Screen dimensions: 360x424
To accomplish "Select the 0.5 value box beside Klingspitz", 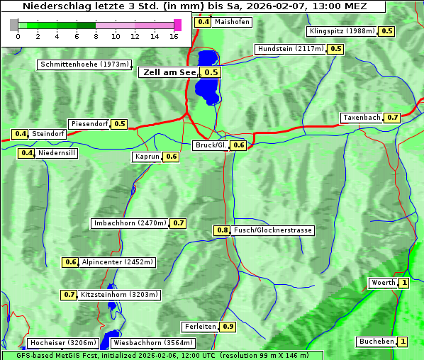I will [387, 31].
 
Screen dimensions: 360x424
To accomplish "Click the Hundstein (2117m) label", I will [291, 49].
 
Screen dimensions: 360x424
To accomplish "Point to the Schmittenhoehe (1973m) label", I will [84, 64].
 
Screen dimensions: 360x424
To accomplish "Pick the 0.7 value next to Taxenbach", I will [393, 117].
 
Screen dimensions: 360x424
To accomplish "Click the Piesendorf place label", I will [89, 124].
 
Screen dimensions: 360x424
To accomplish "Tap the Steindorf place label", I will [48, 134].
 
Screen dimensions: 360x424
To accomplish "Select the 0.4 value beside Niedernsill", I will [27, 152].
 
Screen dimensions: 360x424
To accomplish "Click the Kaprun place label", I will [147, 157].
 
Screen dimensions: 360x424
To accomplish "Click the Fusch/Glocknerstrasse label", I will [272, 230].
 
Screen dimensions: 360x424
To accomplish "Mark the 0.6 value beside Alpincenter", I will [70, 262].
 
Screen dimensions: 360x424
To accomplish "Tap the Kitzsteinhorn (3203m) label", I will [119, 294].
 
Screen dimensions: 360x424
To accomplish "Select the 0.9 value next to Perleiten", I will [228, 327].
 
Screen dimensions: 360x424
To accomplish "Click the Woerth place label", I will [383, 283].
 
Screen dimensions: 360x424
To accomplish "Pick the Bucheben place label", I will [376, 342].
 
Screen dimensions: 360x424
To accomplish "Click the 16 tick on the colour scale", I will [174, 35].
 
